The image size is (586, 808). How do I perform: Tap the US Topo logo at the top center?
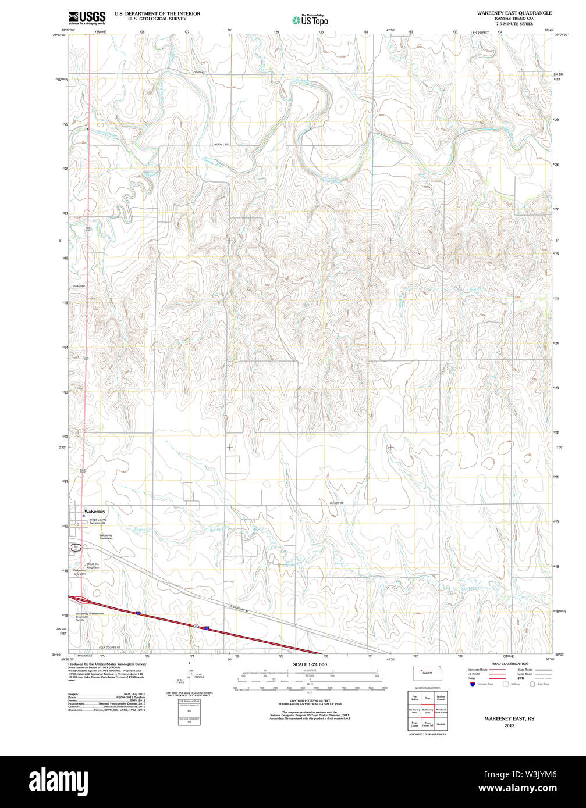(310, 20)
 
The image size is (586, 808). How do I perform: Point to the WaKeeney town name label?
(95, 511)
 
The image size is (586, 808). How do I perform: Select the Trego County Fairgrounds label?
(98, 521)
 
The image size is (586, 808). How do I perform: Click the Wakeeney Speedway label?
(105, 537)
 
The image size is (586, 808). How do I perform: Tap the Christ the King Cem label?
(93, 566)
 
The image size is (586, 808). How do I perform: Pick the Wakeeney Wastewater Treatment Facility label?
(88, 617)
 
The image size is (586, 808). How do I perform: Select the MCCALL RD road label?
(221, 144)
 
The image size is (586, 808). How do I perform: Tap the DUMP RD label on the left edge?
(79, 287)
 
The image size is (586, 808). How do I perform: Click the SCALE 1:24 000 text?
(310, 664)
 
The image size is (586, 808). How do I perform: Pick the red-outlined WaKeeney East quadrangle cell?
(428, 710)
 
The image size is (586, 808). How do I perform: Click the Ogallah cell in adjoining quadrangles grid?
(441, 724)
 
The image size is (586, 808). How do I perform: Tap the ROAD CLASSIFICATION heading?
(509, 663)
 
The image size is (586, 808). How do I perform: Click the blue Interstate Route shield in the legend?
(471, 684)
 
